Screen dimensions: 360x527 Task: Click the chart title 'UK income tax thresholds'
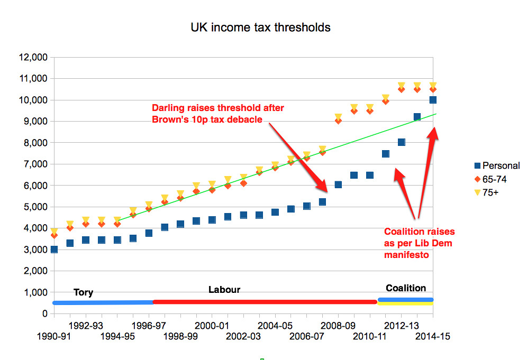point(260,27)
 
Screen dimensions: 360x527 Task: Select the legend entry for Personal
point(496,165)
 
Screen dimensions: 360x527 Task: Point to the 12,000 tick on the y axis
point(32,57)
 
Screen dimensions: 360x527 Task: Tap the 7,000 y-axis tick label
point(34,164)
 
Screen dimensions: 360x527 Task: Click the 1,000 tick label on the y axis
point(34,292)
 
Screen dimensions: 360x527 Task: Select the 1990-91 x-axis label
point(53,336)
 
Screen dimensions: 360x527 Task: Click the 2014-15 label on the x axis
point(432,336)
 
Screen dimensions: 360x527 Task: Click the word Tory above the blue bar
point(83,292)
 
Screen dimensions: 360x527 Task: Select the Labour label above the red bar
point(224,290)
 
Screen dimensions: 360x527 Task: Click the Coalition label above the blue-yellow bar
point(406,288)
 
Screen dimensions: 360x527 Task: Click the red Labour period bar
point(265,302)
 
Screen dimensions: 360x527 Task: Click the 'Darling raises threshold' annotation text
point(221,114)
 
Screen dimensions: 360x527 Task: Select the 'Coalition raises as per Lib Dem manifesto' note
point(419,243)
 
